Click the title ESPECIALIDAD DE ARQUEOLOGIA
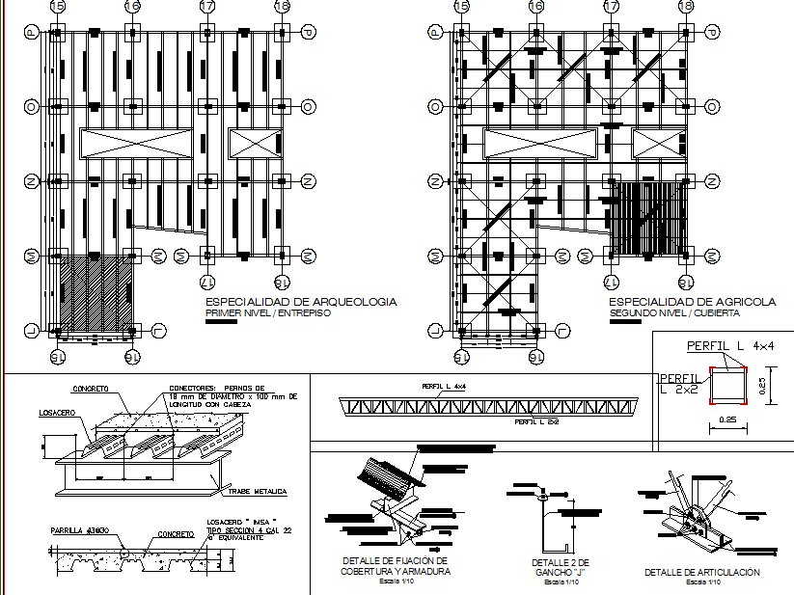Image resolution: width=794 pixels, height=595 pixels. [300, 303]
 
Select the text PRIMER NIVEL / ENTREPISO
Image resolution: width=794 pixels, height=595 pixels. [267, 313]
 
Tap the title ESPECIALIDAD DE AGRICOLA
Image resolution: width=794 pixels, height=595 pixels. [693, 303]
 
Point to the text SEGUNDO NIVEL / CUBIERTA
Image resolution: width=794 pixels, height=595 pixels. [674, 313]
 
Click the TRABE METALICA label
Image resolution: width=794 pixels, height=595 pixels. [258, 492]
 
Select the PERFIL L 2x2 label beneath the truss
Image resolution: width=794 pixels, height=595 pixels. [537, 422]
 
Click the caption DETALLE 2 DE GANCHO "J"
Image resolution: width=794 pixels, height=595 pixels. [560, 567]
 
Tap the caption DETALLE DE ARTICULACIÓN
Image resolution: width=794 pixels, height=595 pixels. [701, 572]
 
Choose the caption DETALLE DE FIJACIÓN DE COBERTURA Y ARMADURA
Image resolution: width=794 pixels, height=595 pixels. [395, 565]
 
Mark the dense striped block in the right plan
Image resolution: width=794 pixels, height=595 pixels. [648, 216]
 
